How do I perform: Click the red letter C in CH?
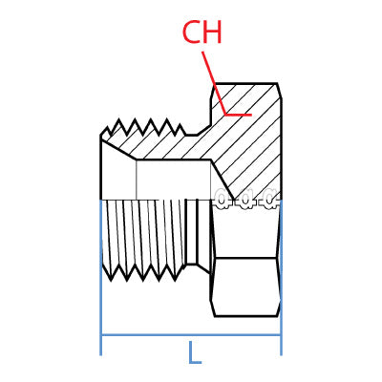[192, 32]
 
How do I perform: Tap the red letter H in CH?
[213, 32]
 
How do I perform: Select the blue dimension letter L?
[194, 353]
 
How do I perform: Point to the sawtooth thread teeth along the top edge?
[143, 127]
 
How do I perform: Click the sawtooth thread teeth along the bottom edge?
[143, 272]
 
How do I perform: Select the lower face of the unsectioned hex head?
[245, 286]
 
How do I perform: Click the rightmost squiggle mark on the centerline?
[270, 200]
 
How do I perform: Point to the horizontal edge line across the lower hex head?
[245, 258]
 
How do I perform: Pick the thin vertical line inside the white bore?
[138, 180]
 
